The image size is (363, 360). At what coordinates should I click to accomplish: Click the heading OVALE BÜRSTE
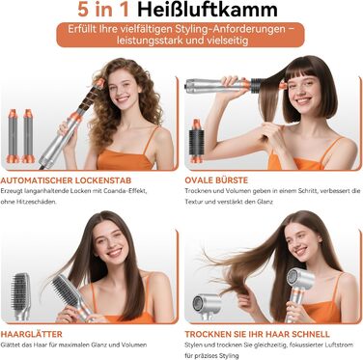218,179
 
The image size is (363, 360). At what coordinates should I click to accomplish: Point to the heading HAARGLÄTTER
38,332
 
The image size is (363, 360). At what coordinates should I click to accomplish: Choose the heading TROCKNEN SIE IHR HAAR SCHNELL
256,332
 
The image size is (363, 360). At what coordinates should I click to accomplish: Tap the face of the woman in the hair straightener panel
114,257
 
